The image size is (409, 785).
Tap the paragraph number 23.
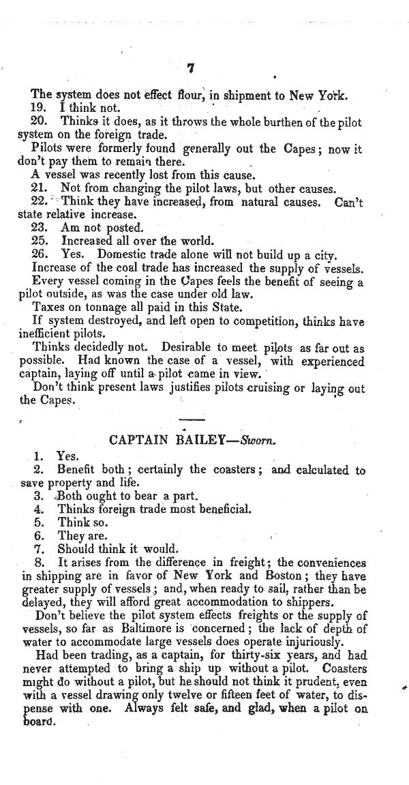click(39, 228)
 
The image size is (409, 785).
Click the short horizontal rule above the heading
click(191, 419)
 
